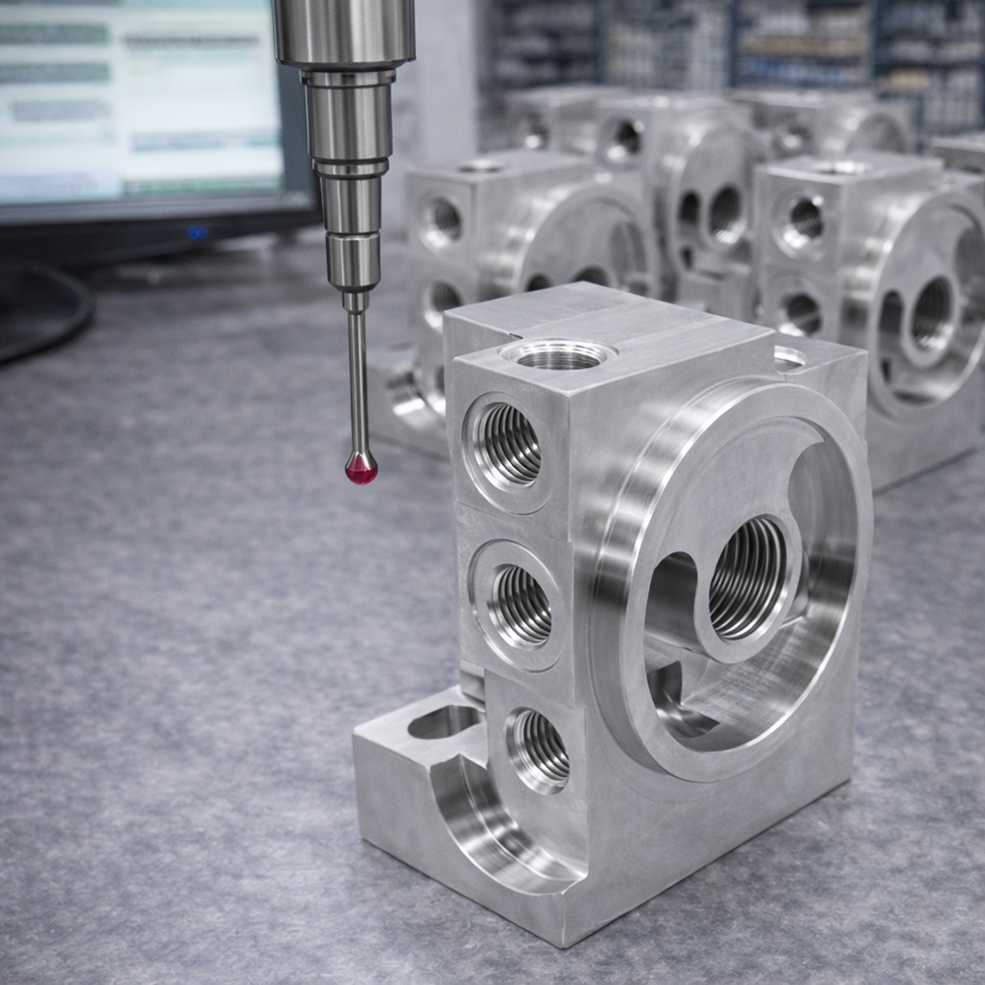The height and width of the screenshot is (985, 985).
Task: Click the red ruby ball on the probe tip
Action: [x=361, y=468]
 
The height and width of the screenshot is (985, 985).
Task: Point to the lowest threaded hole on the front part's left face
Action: [x=540, y=749]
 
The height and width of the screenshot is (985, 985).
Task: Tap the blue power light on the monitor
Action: [x=198, y=232]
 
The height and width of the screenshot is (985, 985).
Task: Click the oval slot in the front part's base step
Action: [x=443, y=722]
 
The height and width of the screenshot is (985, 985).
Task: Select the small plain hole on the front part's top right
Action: [x=788, y=358]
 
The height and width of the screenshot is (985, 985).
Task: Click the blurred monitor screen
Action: [x=138, y=98]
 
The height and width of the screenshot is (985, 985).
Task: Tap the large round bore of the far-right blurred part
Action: [x=931, y=315]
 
